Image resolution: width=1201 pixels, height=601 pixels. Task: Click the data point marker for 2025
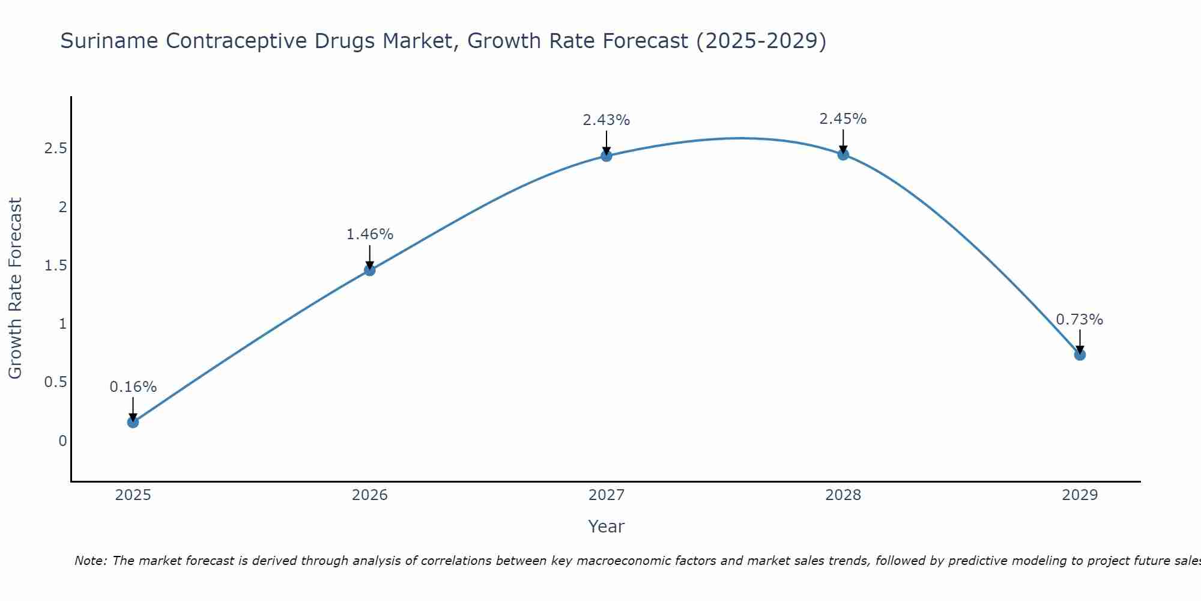tap(133, 422)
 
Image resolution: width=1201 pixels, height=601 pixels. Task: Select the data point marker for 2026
tap(369, 270)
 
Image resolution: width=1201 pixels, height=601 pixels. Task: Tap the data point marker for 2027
tap(606, 156)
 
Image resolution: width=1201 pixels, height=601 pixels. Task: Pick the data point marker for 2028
tap(843, 154)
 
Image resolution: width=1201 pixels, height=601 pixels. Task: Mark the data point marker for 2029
tap(1080, 355)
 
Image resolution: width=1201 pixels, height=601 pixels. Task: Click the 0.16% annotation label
tap(133, 387)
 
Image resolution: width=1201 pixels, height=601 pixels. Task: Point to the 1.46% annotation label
tap(369, 234)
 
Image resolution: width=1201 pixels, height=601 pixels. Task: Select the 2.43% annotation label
tap(606, 120)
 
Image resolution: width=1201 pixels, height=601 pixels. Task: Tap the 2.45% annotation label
tap(843, 119)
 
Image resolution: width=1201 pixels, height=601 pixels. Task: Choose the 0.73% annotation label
tap(1080, 320)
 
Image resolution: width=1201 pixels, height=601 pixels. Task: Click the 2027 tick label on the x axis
tap(606, 495)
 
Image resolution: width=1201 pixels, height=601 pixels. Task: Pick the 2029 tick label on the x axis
tap(1080, 495)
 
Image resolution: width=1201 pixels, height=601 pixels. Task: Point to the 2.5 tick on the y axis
tap(55, 148)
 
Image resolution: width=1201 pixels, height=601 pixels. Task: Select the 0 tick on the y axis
tap(62, 441)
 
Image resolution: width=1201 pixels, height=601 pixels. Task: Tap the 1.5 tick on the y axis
tap(55, 266)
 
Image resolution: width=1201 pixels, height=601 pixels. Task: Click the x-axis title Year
tap(606, 526)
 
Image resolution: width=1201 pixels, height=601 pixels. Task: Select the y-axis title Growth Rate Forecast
tap(15, 288)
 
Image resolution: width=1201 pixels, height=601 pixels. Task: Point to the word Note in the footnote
tap(89, 561)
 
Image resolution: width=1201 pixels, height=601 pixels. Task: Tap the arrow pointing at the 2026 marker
tap(369, 257)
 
